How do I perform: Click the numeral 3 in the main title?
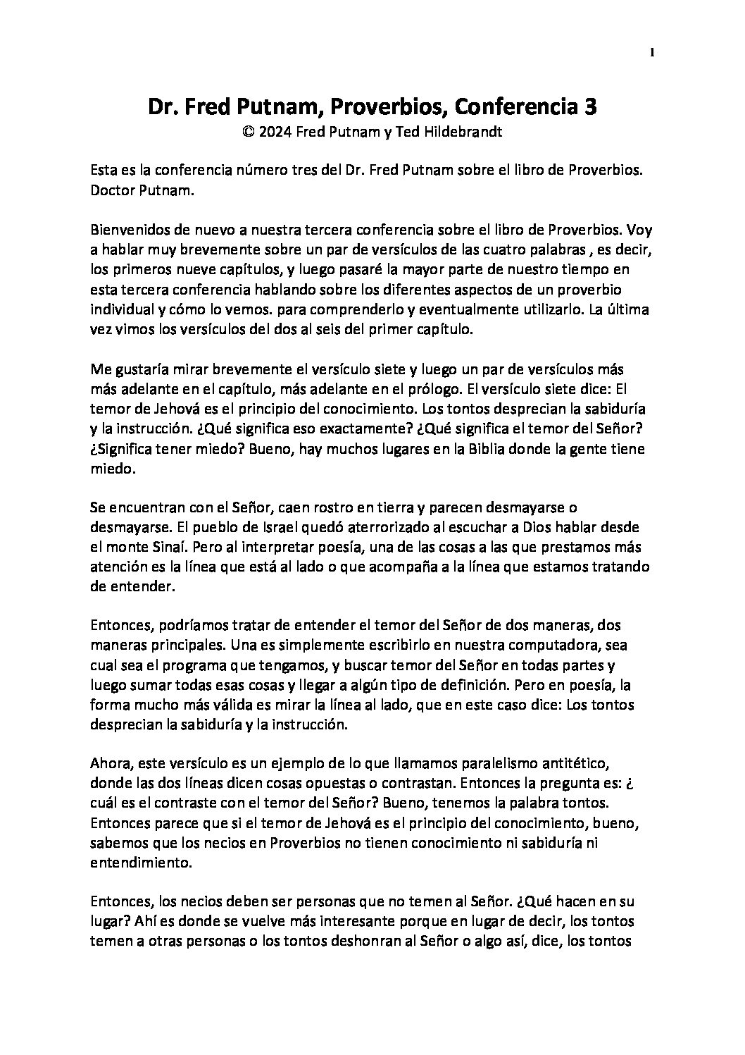[x=591, y=107]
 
